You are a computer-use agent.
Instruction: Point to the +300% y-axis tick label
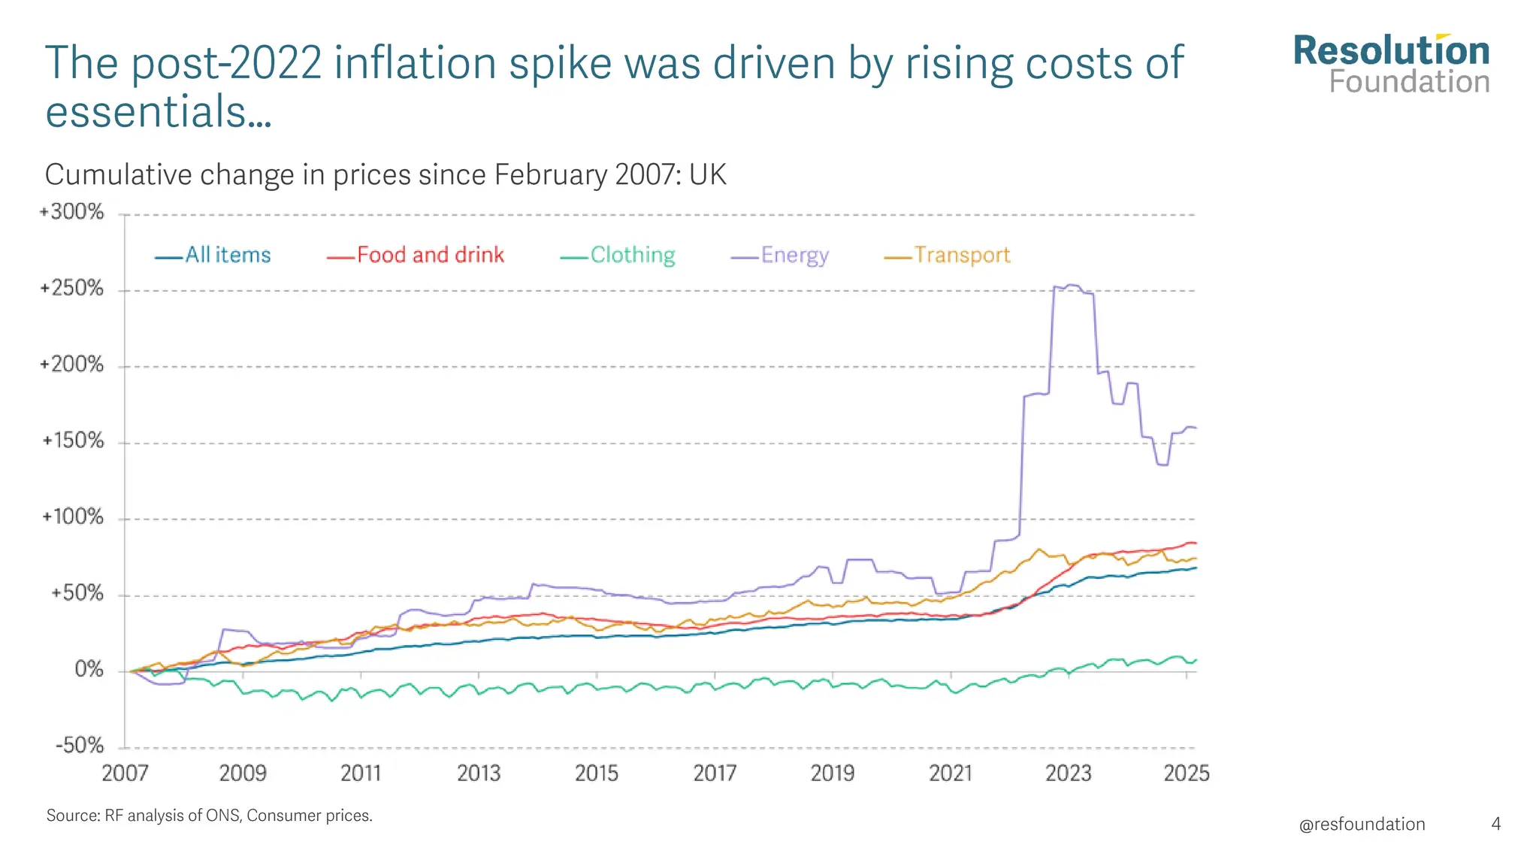[72, 212]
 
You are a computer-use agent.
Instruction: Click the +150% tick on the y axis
[72, 441]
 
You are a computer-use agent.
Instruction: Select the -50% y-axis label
[80, 746]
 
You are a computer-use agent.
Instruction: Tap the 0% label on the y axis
[89, 669]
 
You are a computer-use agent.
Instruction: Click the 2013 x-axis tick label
[479, 773]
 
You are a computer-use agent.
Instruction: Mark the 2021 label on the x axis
[951, 773]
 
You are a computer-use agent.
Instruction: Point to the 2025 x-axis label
[1187, 773]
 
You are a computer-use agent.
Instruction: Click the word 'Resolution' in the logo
[1391, 51]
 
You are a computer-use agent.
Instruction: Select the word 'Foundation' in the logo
[1409, 82]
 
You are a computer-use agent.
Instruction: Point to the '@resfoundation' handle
[1362, 824]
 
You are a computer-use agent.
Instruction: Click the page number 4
[1495, 824]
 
